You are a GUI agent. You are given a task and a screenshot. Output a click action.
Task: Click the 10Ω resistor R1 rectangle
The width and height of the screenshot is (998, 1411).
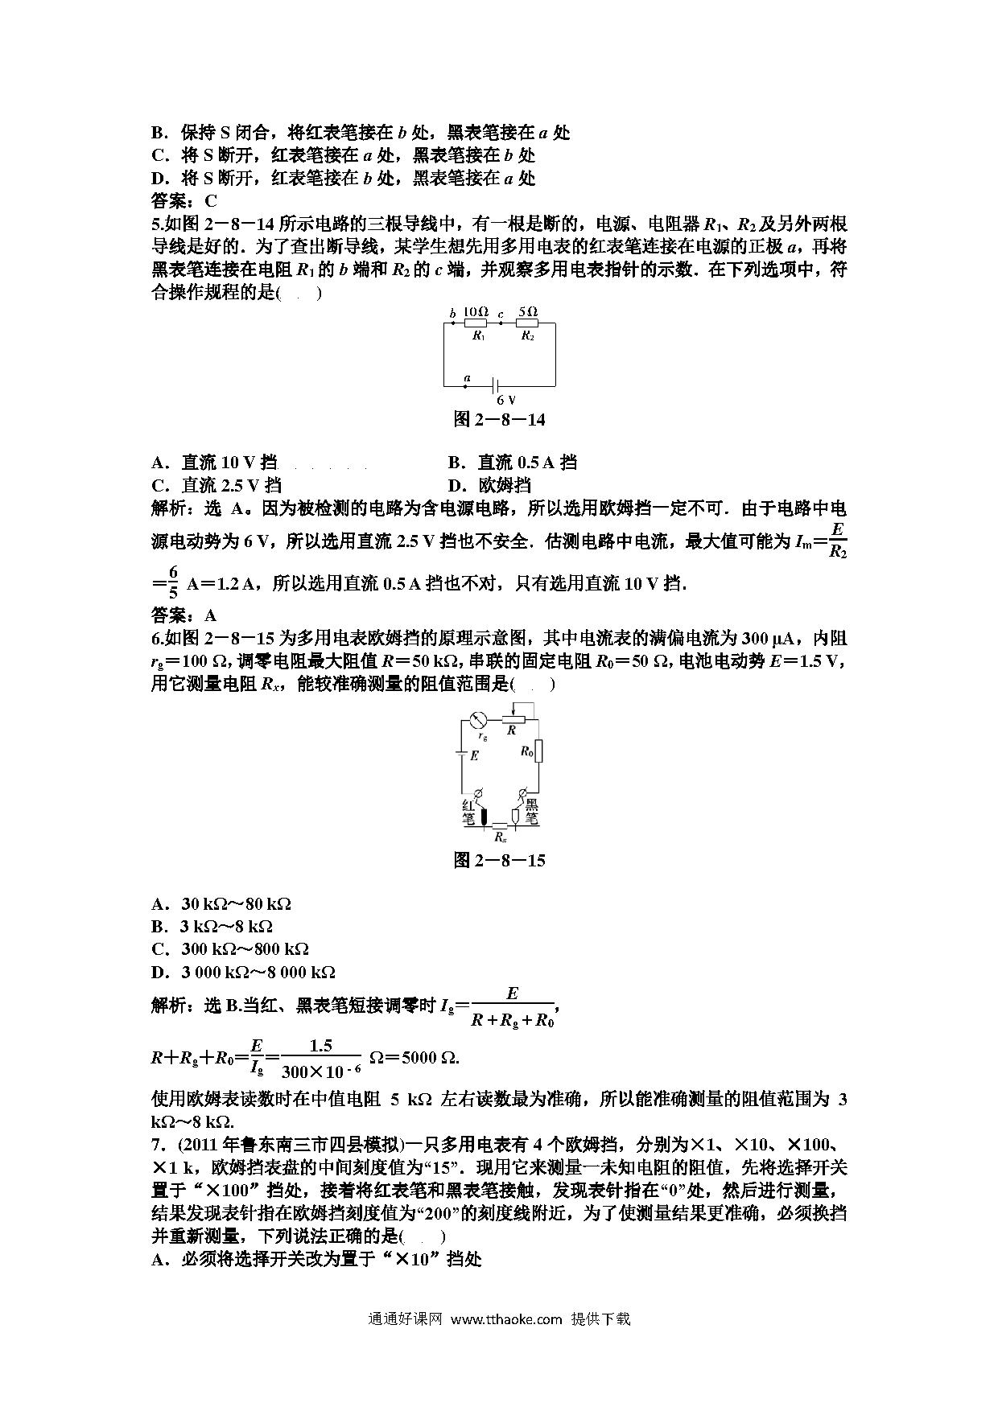[477, 323]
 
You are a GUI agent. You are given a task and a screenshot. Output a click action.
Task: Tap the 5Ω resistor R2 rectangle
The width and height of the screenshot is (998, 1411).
[527, 323]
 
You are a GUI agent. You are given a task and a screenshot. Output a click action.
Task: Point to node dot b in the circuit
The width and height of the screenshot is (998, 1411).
[452, 323]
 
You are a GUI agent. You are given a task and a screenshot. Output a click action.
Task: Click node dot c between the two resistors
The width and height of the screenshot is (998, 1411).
[501, 323]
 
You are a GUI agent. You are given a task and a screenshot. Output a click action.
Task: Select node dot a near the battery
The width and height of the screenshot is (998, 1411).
[468, 386]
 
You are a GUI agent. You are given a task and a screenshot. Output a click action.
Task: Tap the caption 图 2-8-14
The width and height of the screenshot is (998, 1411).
[499, 419]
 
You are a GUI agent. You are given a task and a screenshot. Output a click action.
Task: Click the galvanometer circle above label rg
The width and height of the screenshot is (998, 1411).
[481, 720]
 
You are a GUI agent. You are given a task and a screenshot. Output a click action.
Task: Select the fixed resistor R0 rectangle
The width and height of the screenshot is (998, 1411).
[538, 751]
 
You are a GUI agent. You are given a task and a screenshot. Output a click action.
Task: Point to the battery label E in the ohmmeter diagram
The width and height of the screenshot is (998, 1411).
[474, 755]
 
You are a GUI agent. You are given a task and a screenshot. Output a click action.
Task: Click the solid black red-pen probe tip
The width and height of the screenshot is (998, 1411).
[485, 816]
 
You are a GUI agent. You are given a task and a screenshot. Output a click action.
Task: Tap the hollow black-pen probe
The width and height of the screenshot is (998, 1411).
[515, 816]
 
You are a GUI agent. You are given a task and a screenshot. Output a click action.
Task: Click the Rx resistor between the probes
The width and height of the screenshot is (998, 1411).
[500, 825]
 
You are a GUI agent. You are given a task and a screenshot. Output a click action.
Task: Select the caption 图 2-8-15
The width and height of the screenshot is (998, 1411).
[499, 861]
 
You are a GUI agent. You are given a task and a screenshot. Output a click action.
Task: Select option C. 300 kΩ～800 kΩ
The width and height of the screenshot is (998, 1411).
[230, 949]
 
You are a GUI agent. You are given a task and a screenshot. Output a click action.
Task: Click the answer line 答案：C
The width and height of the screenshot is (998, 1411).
[184, 201]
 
